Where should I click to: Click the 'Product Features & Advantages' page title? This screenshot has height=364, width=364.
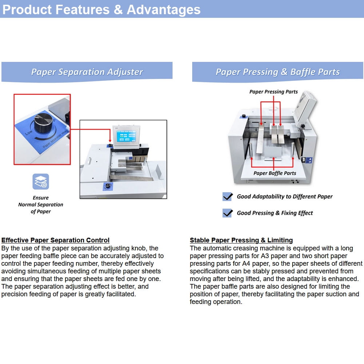102,10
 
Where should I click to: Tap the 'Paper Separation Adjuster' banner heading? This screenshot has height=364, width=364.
87,72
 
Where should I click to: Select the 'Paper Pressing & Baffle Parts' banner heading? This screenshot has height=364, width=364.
278,72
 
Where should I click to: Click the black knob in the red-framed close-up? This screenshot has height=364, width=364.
43,123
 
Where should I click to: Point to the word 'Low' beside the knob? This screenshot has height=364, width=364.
29,132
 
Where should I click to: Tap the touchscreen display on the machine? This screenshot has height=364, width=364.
126,136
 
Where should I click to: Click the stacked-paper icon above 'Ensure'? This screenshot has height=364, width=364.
41,182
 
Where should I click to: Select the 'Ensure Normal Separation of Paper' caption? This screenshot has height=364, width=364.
41,205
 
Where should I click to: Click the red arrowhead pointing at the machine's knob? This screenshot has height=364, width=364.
110,141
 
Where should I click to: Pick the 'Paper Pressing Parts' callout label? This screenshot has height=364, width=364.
273,92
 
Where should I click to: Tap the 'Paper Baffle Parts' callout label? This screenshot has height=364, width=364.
274,173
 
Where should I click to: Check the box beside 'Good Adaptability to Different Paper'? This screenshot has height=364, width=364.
227,197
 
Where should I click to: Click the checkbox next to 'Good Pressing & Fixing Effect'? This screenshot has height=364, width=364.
227,213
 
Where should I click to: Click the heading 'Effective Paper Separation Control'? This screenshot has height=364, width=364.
55,240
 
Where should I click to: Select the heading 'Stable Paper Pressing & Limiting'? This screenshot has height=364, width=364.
241,240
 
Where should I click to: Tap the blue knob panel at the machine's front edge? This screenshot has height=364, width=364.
108,186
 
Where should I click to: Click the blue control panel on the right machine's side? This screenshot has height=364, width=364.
309,160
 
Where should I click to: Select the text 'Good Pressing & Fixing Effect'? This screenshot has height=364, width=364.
274,213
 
